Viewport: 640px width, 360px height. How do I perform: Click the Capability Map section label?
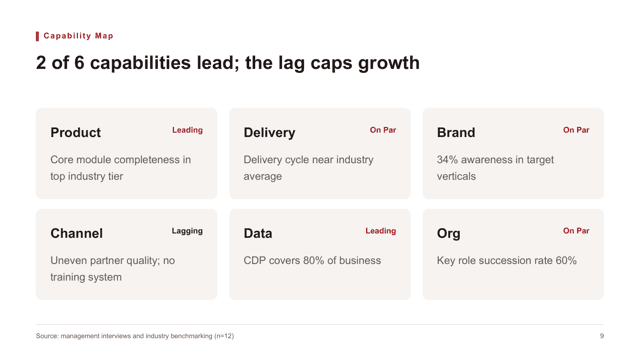[x=78, y=36]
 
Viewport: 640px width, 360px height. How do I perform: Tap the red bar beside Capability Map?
[x=37, y=36]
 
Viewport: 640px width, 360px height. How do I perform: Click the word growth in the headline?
[x=389, y=63]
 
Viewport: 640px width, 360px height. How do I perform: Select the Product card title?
[x=76, y=133]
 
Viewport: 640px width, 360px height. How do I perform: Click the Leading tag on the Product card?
[x=187, y=130]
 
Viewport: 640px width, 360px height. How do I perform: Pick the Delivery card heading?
[x=269, y=133]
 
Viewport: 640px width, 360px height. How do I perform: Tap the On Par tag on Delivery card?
[x=383, y=130]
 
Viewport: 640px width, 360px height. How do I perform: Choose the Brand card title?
[x=456, y=133]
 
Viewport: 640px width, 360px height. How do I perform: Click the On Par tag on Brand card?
[x=576, y=130]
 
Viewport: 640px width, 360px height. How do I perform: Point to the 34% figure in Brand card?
[x=447, y=160]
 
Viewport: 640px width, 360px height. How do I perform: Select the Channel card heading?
[x=76, y=233]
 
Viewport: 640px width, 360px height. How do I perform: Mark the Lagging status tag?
[x=187, y=231]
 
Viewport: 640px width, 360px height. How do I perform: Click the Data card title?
[x=258, y=233]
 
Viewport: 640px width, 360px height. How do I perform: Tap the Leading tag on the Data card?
[x=380, y=231]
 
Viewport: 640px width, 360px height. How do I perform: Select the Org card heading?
[x=449, y=234]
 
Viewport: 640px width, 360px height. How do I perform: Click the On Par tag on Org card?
[x=576, y=231]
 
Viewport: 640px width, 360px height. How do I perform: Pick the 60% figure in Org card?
[x=566, y=260]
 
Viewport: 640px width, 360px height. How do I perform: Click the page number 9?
[x=602, y=336]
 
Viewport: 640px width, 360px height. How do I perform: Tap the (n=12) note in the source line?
[x=224, y=336]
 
